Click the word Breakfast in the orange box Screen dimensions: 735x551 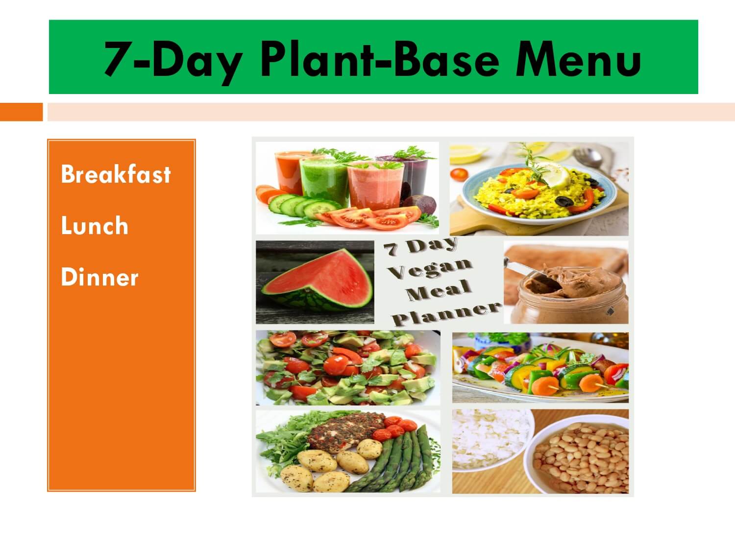click(x=116, y=174)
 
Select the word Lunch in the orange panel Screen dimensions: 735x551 click(x=95, y=225)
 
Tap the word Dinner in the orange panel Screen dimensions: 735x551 click(x=99, y=277)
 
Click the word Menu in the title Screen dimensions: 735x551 click(x=578, y=59)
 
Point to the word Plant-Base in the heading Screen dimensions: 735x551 click(x=380, y=59)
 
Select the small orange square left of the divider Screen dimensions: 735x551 click(x=22, y=112)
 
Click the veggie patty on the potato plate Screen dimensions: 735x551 click(x=345, y=431)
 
